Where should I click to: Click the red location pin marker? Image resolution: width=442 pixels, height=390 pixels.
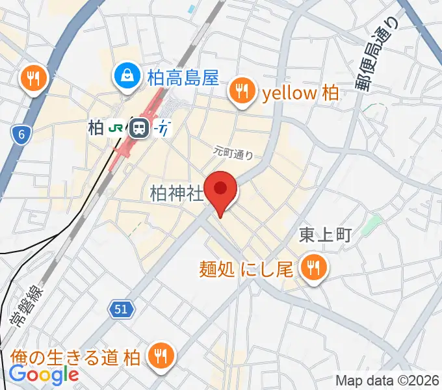pos(221,190)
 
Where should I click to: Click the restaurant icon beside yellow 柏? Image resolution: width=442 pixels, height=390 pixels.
pos(243,91)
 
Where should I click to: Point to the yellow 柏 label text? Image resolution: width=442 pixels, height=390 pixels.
pos(300,94)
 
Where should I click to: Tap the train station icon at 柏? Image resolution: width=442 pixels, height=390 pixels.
pos(138,128)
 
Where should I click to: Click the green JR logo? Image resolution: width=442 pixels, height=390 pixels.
pos(116,128)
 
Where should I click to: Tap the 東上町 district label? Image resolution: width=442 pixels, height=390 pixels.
pos(325,235)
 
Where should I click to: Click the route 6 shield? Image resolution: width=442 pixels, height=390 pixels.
pos(22,135)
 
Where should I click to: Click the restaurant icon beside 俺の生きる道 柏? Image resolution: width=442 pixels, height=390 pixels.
pos(160,356)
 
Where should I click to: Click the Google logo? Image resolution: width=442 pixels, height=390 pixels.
pos(44,374)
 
